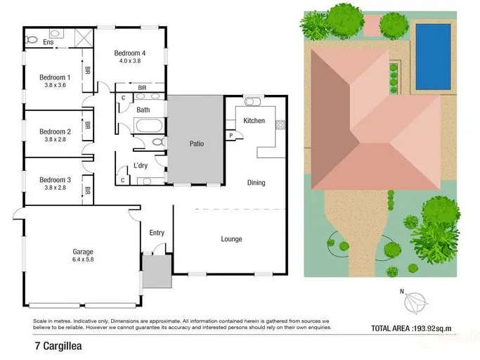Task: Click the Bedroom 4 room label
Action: tap(130, 53)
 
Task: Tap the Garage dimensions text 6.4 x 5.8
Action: tap(83, 259)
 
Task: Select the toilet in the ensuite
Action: tap(31, 39)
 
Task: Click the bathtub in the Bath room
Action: tap(149, 125)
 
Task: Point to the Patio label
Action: tap(197, 143)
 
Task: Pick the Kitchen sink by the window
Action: tap(252, 101)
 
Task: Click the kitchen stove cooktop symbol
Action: tap(280, 124)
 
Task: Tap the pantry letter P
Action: tap(231, 136)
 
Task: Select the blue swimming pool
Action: tap(433, 57)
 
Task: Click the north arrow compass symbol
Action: tap(415, 302)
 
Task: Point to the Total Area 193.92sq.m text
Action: tap(411, 328)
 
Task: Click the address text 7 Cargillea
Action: tap(58, 346)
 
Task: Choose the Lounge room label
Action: tap(231, 239)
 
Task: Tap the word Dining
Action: tap(257, 183)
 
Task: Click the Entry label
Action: tap(157, 233)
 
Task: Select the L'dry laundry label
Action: tap(141, 165)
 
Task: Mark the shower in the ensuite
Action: tap(84, 37)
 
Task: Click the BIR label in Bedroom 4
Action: tap(142, 88)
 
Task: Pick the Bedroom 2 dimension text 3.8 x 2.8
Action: tap(55, 139)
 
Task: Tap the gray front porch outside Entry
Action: tap(157, 271)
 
